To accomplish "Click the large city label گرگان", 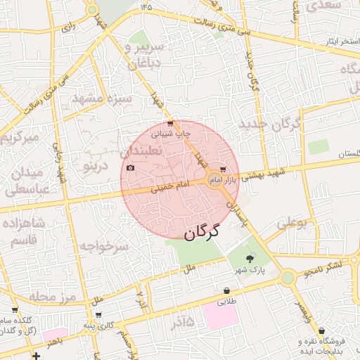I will [202, 231].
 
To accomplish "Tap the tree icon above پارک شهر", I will [250, 259].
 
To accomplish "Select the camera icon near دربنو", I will [131, 168].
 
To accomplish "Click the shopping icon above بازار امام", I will [223, 169].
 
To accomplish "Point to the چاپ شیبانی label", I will [172, 133].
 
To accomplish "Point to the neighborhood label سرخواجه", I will [103, 246].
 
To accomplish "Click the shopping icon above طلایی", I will [226, 291].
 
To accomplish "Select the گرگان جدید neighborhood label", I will [269, 125].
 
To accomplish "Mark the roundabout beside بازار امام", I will [216, 182].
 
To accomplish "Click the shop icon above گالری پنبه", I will [98, 314].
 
